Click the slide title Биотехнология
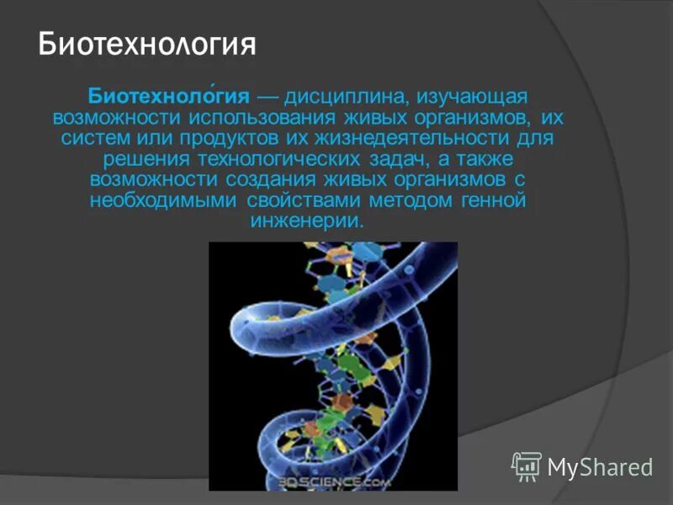tap(147, 44)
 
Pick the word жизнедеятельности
tap(413, 137)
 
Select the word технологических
tap(301, 158)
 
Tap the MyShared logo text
tap(600, 465)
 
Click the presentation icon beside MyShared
tap(527, 465)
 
